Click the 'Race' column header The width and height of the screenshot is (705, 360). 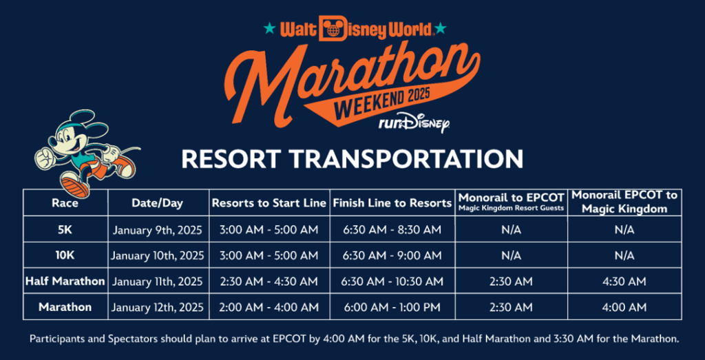click(65, 203)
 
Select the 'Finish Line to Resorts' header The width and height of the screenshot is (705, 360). click(392, 203)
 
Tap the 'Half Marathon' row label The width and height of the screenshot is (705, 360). click(65, 282)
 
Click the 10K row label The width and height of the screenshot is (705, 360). click(65, 255)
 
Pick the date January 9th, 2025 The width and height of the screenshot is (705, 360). click(158, 230)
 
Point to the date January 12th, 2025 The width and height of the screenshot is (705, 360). click(158, 308)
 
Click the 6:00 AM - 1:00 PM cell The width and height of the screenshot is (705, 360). click(392, 308)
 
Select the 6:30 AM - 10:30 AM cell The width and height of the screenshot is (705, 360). click(392, 282)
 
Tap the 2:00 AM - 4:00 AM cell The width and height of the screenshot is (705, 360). click(269, 308)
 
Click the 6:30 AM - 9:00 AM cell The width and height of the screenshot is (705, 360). click(392, 256)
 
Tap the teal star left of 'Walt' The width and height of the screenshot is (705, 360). click(270, 29)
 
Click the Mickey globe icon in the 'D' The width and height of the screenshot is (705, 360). click(334, 29)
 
